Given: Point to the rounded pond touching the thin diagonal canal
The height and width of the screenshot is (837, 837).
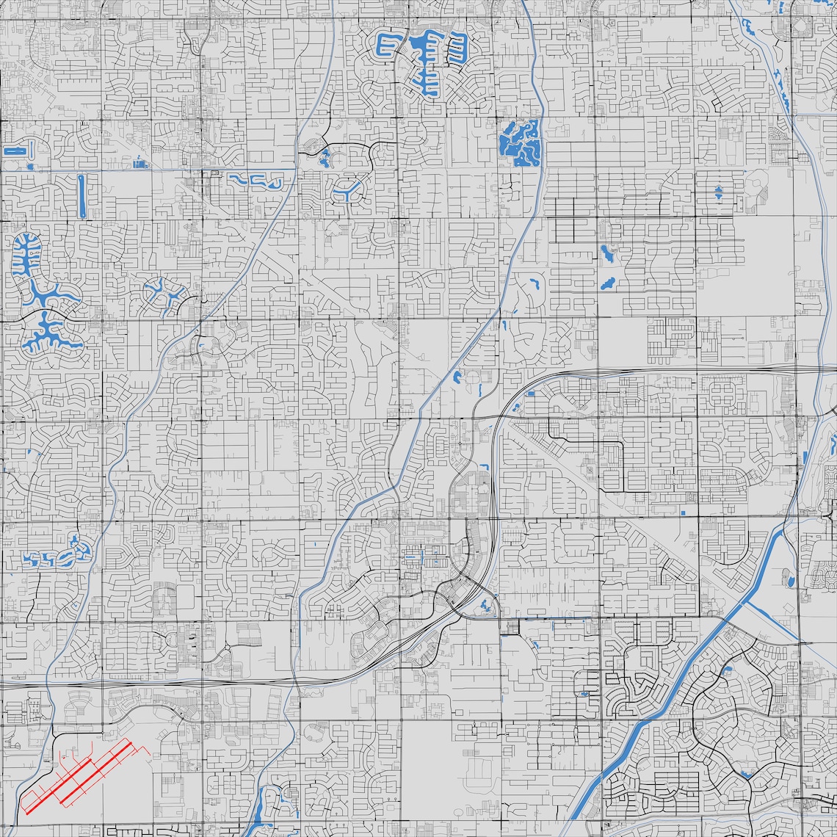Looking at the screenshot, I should coord(456,379).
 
